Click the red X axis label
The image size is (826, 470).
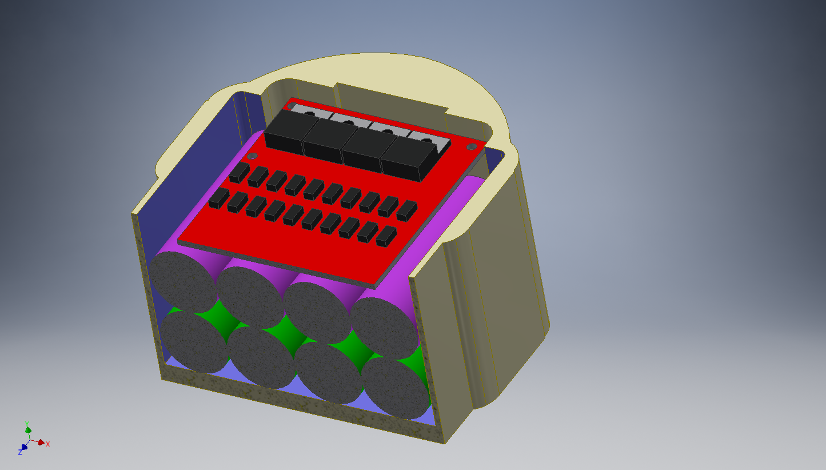[48, 444]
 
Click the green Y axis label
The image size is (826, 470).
[26, 424]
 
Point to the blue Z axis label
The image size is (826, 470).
[20, 452]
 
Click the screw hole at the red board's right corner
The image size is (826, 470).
[472, 147]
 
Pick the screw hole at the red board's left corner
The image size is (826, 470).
[252, 156]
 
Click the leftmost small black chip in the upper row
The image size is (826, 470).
[240, 173]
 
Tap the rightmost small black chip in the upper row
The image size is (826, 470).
[407, 211]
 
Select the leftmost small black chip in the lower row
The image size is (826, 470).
[219, 198]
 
